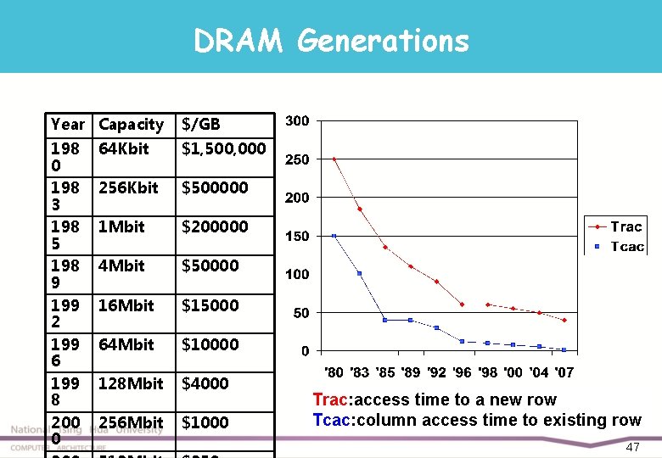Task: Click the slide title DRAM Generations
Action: pyautogui.click(x=331, y=40)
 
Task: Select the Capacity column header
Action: pyautogui.click(x=131, y=125)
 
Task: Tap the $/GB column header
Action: pyautogui.click(x=201, y=125)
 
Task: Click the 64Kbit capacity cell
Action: pyautogui.click(x=123, y=148)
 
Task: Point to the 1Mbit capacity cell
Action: pyautogui.click(x=121, y=226)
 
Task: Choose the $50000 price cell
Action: pyautogui.click(x=210, y=265)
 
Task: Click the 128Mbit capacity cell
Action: pyautogui.click(x=131, y=383)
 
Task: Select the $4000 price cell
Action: pyautogui.click(x=205, y=383)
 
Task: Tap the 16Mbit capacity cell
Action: pyautogui.click(x=126, y=305)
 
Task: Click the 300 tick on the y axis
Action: pyautogui.click(x=296, y=120)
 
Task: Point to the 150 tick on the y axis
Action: pyautogui.click(x=296, y=236)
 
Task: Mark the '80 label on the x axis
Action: pyautogui.click(x=335, y=372)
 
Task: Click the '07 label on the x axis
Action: pyautogui.click(x=564, y=372)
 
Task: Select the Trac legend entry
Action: pyautogui.click(x=626, y=226)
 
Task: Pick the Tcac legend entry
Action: pyautogui.click(x=626, y=247)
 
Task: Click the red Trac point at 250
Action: pyautogui.click(x=334, y=159)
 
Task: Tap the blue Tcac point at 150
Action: pyautogui.click(x=334, y=236)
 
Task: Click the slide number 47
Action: pyautogui.click(x=632, y=447)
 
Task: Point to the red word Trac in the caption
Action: pyautogui.click(x=329, y=399)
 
